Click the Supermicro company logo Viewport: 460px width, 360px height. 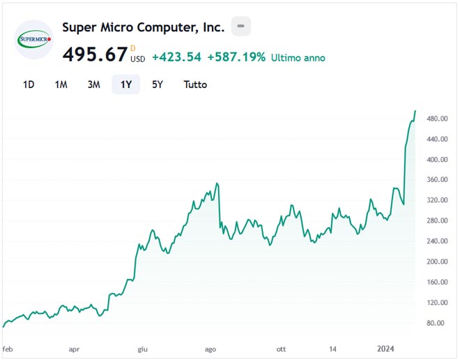pos(34,40)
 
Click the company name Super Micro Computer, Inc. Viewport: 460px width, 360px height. pos(144,27)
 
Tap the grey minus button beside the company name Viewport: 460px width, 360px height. pos(241,27)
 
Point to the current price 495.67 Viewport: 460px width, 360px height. pos(95,54)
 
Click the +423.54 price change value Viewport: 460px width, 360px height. pos(176,57)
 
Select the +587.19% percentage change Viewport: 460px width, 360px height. pos(236,57)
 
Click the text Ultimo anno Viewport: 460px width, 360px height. pos(298,58)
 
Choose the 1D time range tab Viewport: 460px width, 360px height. pos(29,84)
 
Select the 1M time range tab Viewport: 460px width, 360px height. pos(61,84)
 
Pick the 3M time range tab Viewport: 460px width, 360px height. pos(94,84)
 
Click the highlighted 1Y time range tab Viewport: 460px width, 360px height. pos(126,84)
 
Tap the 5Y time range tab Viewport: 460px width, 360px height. pos(158,84)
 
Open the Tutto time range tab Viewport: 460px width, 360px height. pos(195,84)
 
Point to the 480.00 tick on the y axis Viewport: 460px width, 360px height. pos(436,119)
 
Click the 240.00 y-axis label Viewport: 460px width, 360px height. pos(436,241)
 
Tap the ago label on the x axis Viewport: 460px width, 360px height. pos(210,348)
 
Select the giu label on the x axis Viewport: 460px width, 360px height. pos(142,348)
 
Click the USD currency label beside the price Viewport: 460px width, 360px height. pos(138,59)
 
